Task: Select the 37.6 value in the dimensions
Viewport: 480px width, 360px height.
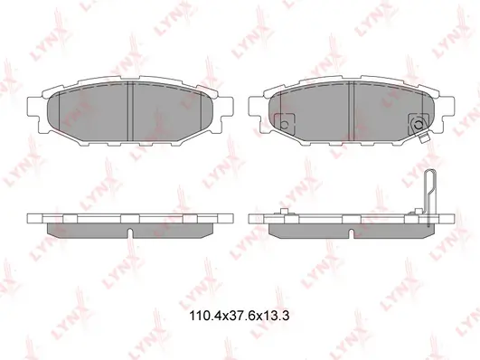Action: click(x=239, y=316)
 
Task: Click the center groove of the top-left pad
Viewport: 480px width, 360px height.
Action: click(x=131, y=111)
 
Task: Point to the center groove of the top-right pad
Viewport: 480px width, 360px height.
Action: click(x=351, y=111)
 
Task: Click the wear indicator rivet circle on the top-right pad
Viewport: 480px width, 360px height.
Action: click(x=418, y=125)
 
